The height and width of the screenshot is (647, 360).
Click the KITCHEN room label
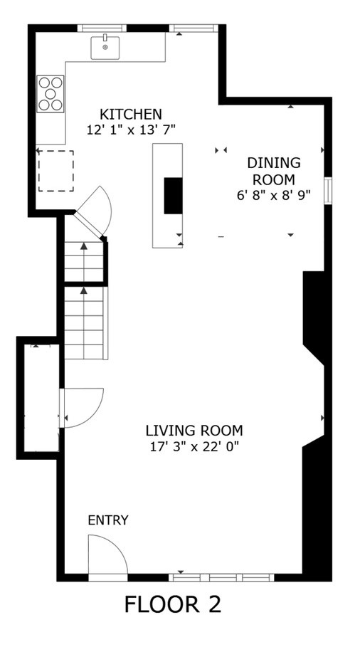(x=130, y=114)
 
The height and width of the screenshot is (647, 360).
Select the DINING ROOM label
(x=273, y=171)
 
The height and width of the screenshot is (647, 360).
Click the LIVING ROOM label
(x=194, y=431)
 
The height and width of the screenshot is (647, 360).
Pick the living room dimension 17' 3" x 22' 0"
(x=194, y=446)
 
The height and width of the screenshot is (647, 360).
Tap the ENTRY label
(x=108, y=520)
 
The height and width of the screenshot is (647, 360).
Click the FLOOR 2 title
(x=173, y=604)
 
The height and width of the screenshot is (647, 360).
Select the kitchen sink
(x=105, y=47)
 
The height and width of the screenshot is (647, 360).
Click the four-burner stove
(x=51, y=93)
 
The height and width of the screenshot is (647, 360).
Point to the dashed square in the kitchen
(x=55, y=171)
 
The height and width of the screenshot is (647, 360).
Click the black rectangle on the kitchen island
(x=173, y=195)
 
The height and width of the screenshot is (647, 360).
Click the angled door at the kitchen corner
(x=95, y=210)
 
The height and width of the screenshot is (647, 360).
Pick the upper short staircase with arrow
(x=84, y=261)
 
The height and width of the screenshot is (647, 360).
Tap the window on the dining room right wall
(x=327, y=191)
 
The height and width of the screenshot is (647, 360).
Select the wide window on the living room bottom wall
(x=222, y=577)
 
